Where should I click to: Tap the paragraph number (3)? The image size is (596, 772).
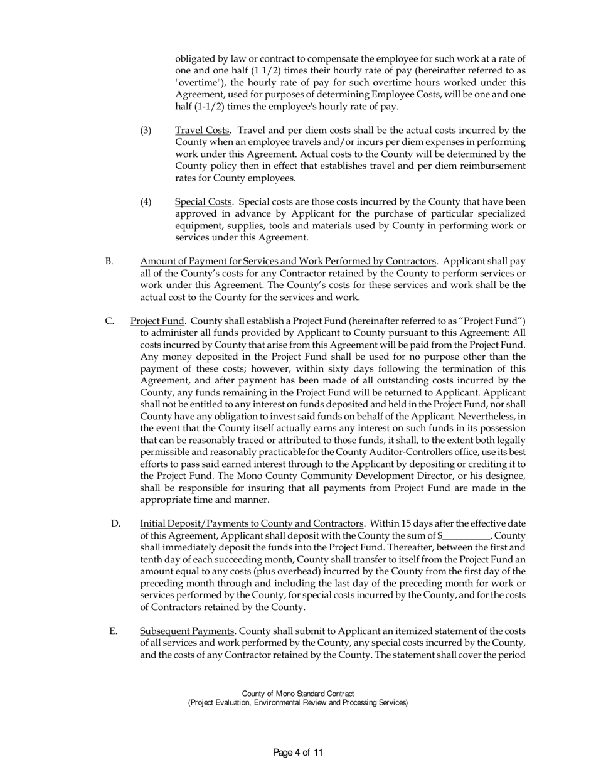click(x=146, y=131)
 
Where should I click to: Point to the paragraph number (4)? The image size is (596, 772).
click(x=146, y=202)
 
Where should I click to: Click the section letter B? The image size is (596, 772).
click(x=109, y=261)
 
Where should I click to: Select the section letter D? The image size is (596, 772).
click(x=115, y=523)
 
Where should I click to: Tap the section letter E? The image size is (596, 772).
click(x=113, y=631)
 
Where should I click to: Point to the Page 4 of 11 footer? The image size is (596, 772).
click(x=298, y=753)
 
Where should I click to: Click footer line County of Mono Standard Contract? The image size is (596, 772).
click(x=298, y=694)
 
